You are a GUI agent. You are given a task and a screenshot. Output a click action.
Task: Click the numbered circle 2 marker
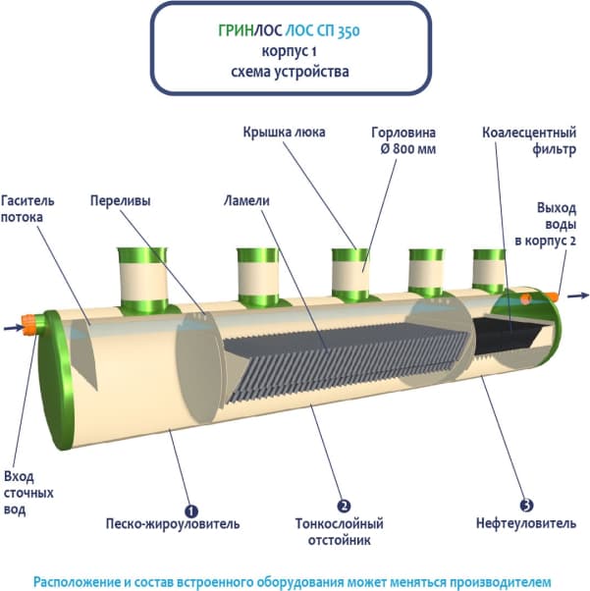coord(344,507)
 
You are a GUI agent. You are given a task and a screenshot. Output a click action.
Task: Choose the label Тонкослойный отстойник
coord(339,531)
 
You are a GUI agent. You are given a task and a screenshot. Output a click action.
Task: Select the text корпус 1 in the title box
coord(292,51)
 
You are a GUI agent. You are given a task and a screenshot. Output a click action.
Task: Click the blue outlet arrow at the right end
coord(577,295)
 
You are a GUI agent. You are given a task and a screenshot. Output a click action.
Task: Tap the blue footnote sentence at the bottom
coord(293,580)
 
